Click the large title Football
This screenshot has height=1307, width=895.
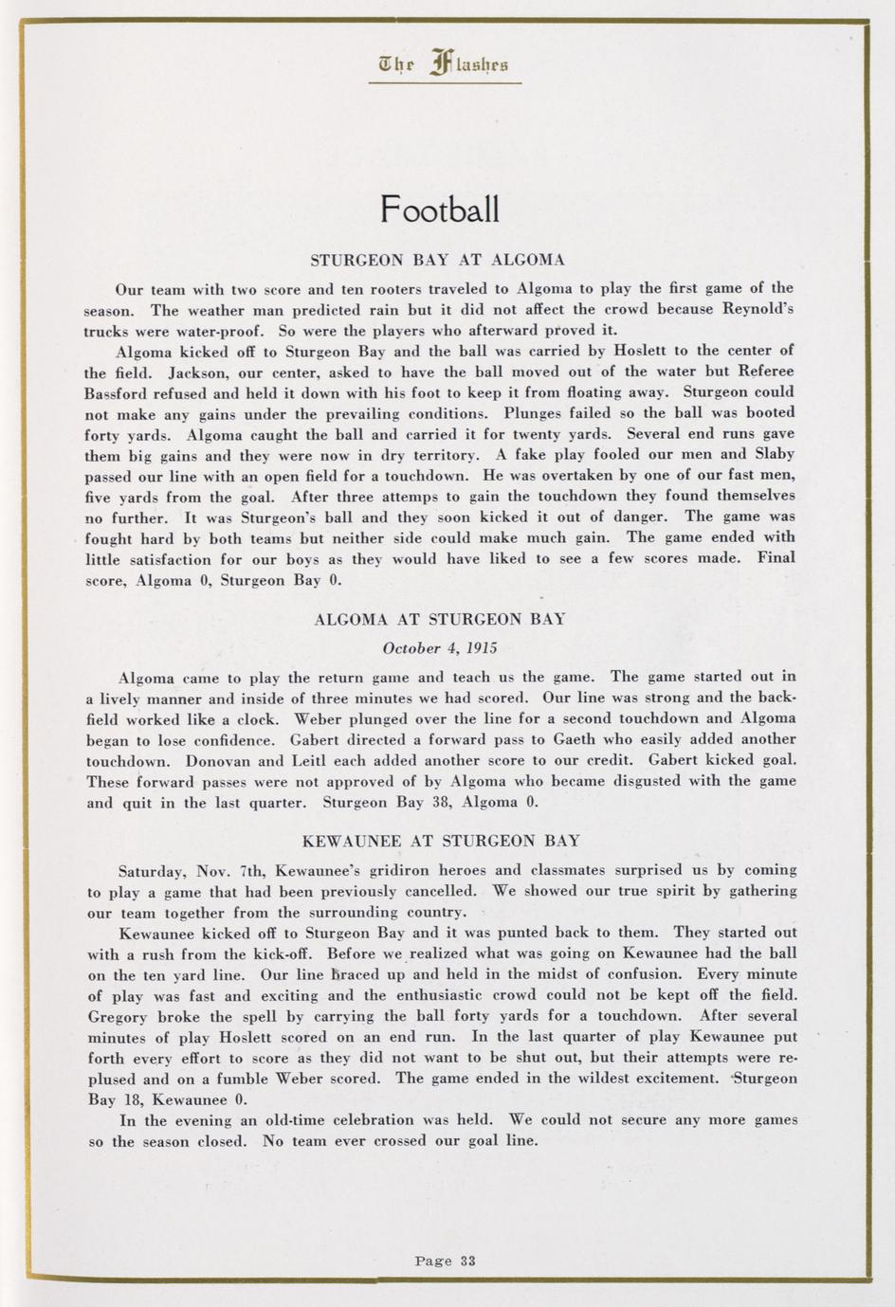[439, 209]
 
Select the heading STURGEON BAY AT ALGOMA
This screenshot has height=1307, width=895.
[438, 259]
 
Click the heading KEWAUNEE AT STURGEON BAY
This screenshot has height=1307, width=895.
[441, 841]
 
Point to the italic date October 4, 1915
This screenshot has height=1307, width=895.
[439, 648]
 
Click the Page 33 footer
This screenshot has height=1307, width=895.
[445, 1261]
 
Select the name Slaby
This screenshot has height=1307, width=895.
[774, 454]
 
